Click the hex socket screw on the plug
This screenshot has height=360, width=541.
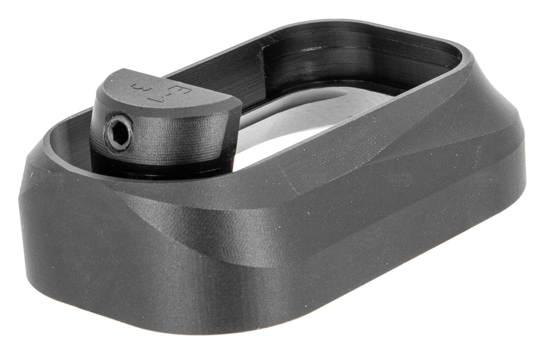[119, 133]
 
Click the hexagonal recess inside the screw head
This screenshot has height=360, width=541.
[119, 133]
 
